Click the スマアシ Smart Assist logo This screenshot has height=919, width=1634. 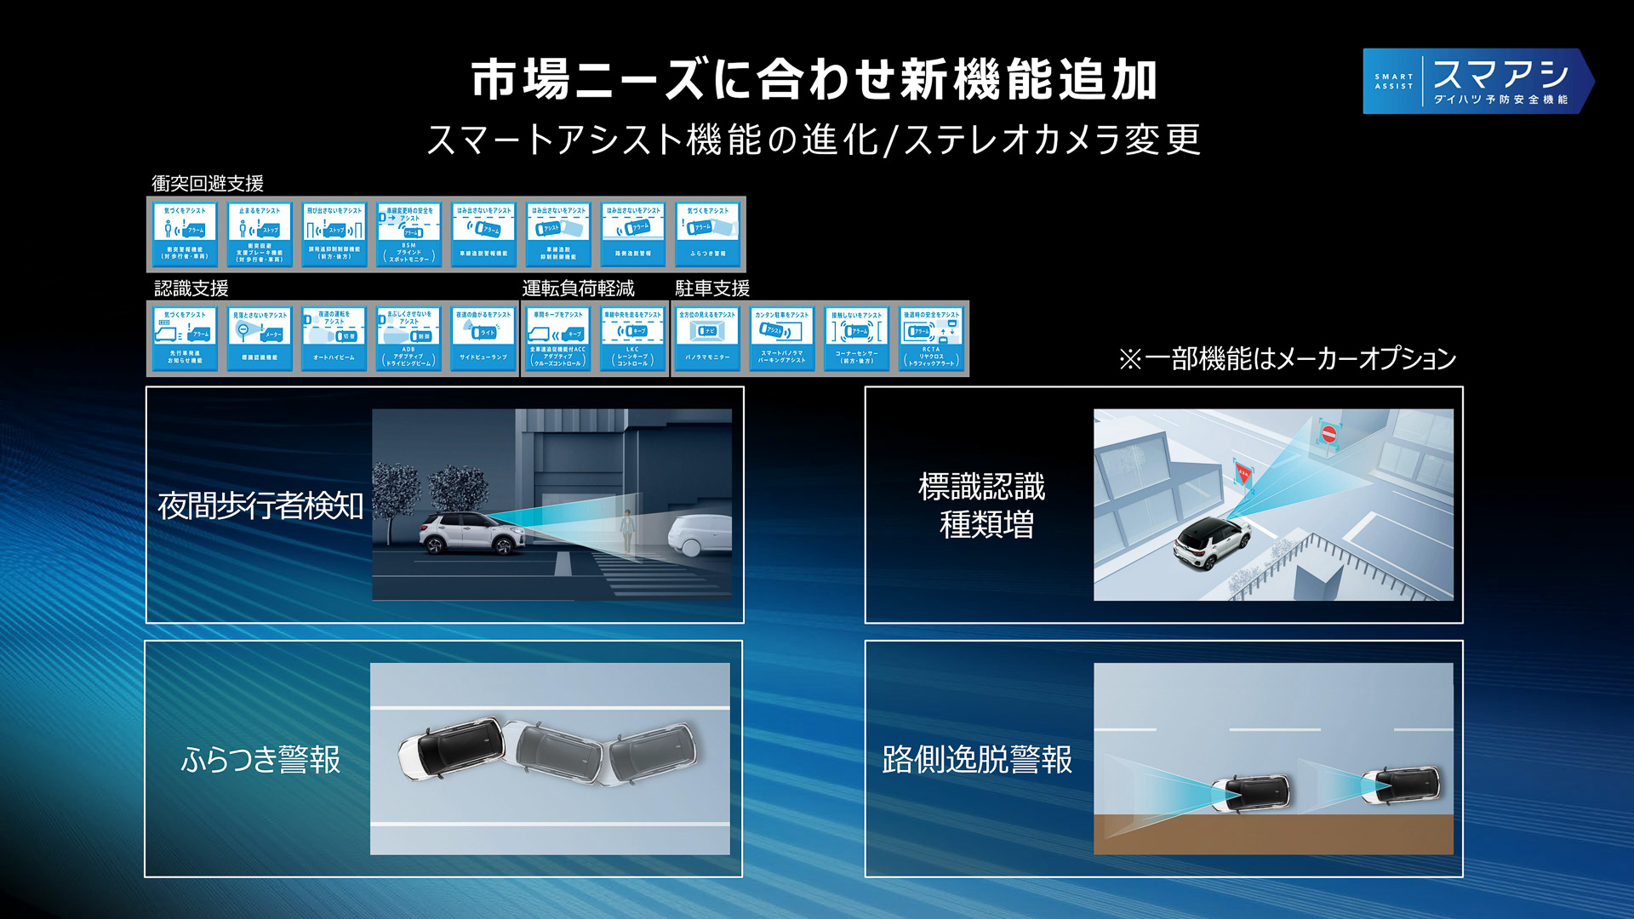[x=1477, y=81]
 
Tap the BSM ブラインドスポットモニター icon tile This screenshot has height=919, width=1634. [x=408, y=234]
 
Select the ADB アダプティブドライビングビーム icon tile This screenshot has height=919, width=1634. [x=408, y=338]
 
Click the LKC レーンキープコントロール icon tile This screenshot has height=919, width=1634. [x=632, y=338]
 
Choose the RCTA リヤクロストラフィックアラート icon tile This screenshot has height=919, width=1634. [x=931, y=338]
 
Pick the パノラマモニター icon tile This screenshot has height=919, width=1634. [x=707, y=338]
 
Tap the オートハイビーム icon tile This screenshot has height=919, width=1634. [x=334, y=338]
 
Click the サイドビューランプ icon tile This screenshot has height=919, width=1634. [x=483, y=338]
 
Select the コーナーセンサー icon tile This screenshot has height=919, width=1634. [x=856, y=338]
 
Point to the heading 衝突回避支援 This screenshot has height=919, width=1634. [x=208, y=183]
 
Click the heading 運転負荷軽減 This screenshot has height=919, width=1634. [x=578, y=288]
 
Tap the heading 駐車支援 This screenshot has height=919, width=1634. [x=712, y=288]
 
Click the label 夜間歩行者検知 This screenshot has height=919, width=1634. [x=260, y=505]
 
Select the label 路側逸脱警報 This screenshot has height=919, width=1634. [x=977, y=759]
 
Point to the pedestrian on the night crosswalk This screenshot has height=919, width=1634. [x=627, y=533]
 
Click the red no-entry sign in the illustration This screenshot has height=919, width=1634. [x=1328, y=434]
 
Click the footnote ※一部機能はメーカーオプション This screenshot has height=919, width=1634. [x=1288, y=359]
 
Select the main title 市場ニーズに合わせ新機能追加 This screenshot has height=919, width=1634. [x=814, y=80]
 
